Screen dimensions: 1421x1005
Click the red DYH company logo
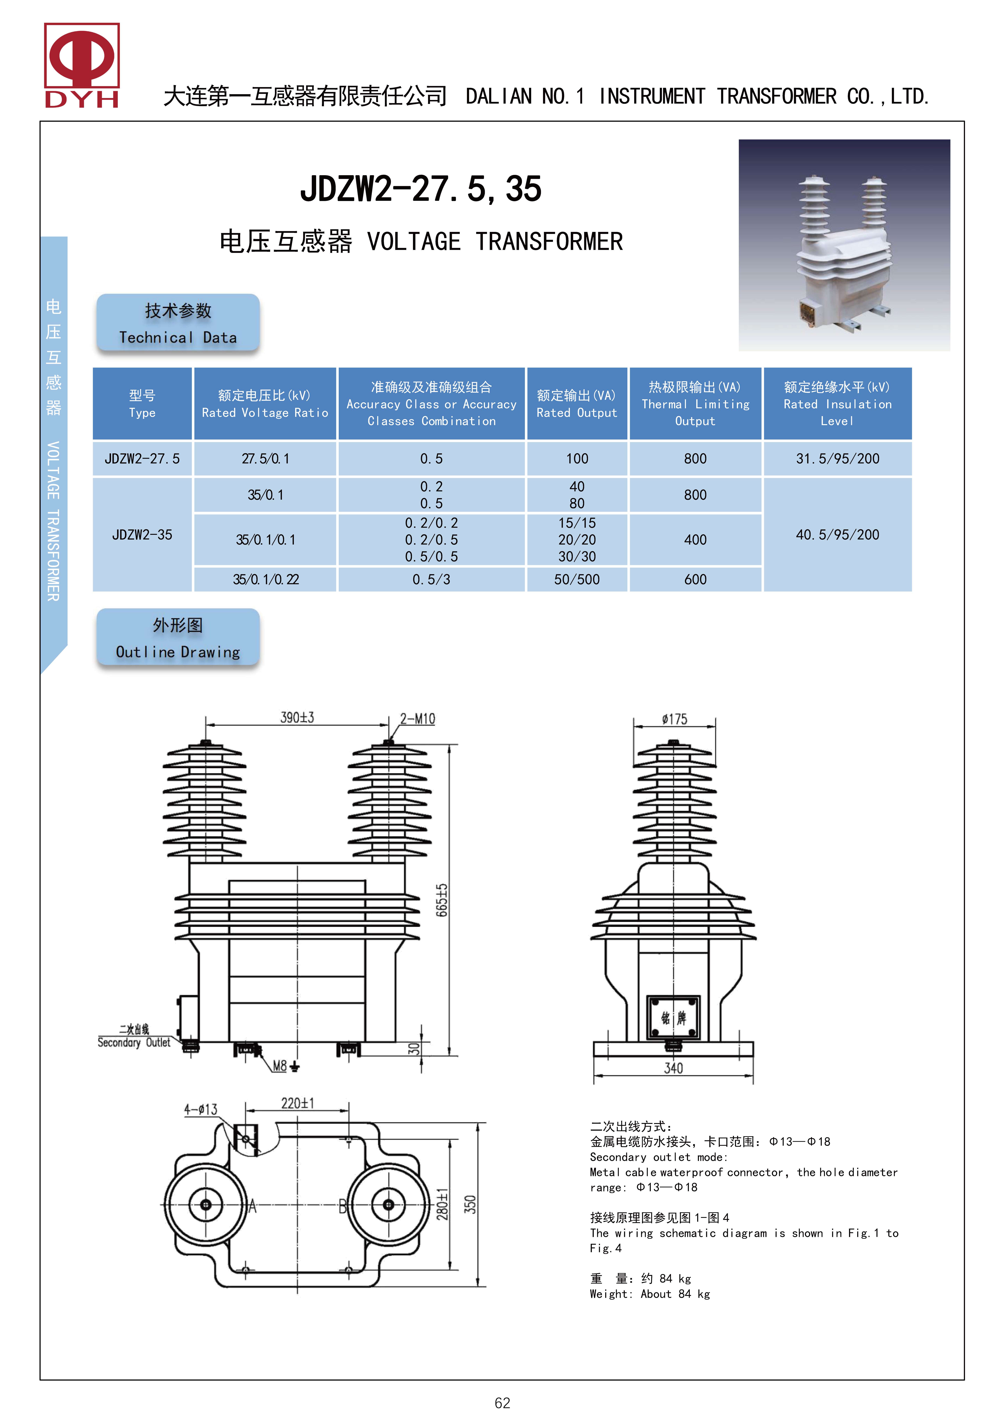pos(82,65)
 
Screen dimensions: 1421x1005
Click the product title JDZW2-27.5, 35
pos(421,189)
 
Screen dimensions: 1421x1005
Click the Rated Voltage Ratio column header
pos(265,403)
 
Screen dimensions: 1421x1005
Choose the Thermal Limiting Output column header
pos(695,403)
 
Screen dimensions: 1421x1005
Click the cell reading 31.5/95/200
pos(837,459)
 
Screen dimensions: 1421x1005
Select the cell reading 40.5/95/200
pos(837,534)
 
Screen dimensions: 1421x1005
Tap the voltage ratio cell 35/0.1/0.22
pos(266,579)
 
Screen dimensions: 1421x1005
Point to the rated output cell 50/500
pos(576,579)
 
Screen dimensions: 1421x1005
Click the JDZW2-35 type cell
pos(142,534)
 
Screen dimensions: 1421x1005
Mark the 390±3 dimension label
pos(297,717)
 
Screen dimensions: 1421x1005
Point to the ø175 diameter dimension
pos(674,719)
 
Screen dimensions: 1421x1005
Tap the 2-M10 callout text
pos(417,718)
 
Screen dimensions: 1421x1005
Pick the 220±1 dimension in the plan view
pos(297,1103)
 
